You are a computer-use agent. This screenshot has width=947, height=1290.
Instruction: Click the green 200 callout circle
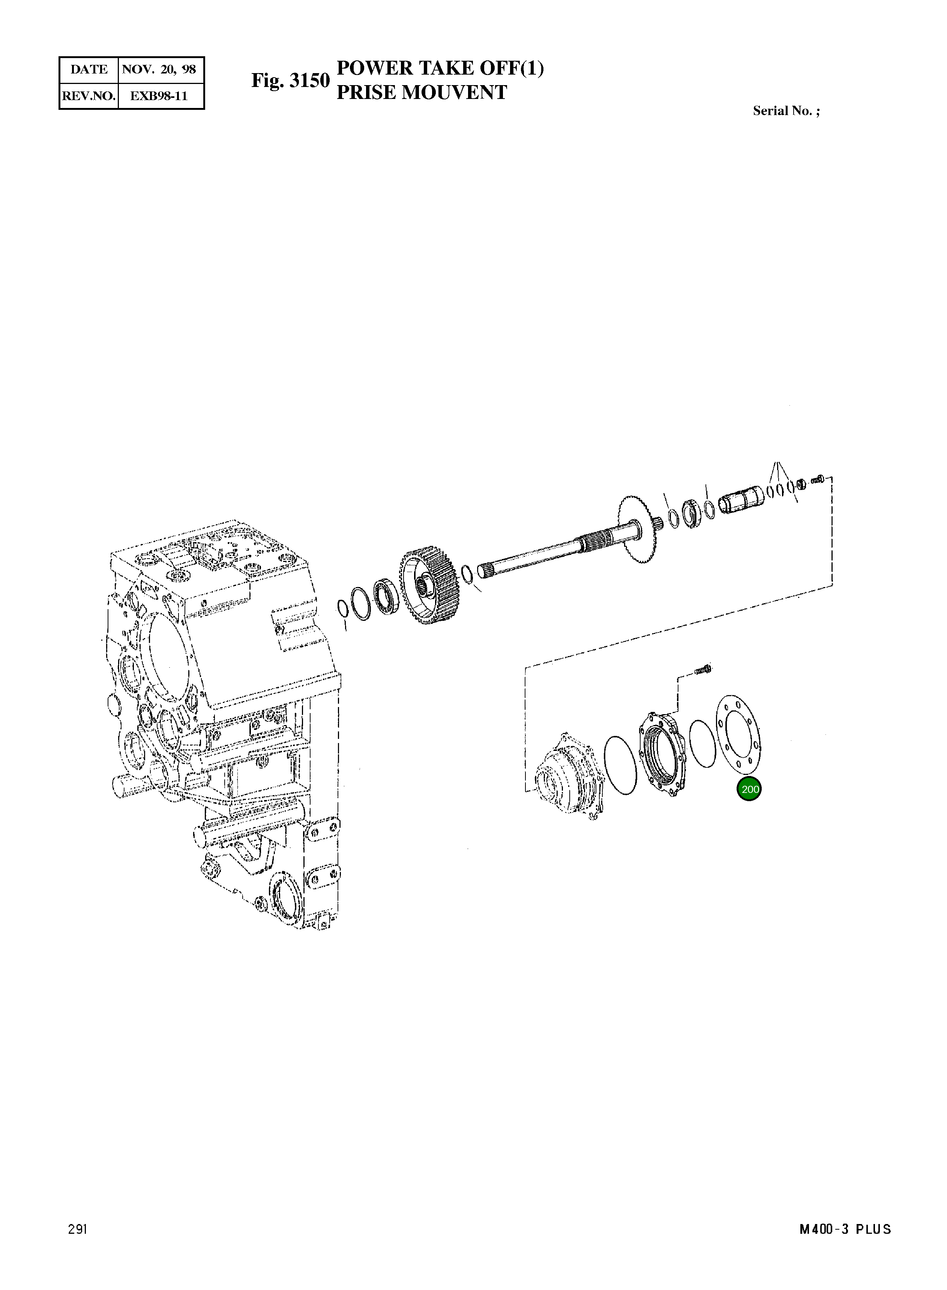point(749,789)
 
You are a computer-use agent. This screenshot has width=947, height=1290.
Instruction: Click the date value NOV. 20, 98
point(159,70)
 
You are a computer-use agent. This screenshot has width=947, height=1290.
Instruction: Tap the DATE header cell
point(89,70)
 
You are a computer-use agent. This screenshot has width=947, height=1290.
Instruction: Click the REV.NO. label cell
point(89,96)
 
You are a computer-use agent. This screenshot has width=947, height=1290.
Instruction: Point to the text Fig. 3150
point(290,80)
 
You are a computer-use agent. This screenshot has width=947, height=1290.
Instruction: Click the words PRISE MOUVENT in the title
point(421,92)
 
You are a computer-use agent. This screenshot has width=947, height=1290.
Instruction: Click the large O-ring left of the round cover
point(620,765)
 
